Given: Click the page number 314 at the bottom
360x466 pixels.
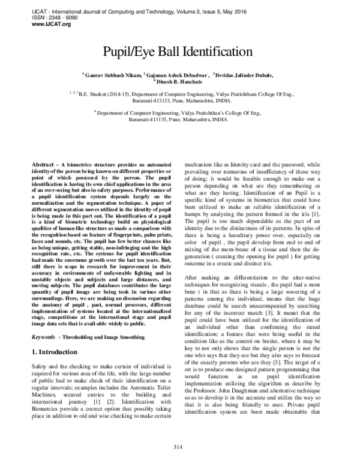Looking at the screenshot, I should point(178,446).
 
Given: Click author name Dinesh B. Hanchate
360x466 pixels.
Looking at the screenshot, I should point(180,82).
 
